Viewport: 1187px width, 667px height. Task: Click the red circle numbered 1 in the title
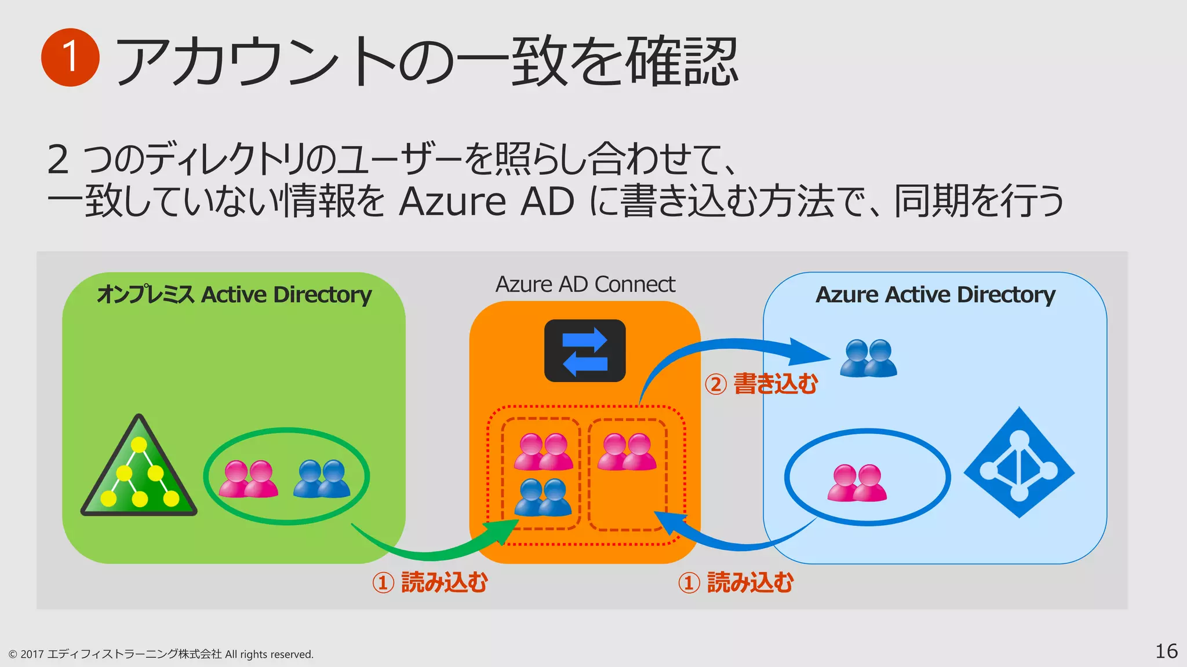click(x=70, y=57)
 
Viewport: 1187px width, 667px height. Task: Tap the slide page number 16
click(x=1166, y=651)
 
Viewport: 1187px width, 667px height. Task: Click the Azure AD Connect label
click(x=585, y=284)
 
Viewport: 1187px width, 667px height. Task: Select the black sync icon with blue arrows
click(x=585, y=351)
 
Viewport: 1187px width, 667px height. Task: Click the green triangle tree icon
click(x=139, y=469)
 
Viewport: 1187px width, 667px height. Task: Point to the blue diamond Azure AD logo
click(x=1019, y=463)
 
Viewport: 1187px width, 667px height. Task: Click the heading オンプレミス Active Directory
click(x=234, y=295)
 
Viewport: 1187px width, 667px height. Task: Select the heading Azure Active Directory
click(x=935, y=295)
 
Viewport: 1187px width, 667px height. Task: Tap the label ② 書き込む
click(x=761, y=384)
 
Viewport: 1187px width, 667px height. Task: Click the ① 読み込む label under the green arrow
click(x=429, y=582)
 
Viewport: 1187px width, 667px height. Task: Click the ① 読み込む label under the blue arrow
click(x=735, y=582)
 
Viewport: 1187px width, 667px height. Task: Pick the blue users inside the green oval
click(x=322, y=479)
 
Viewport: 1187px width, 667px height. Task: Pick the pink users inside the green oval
click(x=248, y=479)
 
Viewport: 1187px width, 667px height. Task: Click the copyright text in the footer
click(x=161, y=654)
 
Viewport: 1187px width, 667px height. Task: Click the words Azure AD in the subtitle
click(x=486, y=201)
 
